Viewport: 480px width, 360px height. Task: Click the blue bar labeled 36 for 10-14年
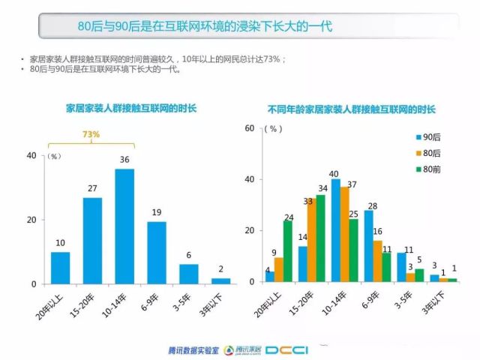(124, 226)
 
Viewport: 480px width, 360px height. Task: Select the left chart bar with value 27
(92, 241)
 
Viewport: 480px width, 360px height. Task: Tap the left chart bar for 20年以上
(60, 268)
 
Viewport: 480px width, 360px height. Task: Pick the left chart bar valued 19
(157, 253)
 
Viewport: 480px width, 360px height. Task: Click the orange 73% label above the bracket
(91, 135)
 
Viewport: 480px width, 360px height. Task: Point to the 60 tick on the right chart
(250, 128)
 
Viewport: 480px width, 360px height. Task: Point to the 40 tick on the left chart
(31, 155)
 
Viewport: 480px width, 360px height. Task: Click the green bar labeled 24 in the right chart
(288, 252)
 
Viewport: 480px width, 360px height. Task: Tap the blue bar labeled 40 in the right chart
(335, 231)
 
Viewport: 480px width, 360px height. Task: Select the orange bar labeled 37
(344, 235)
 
